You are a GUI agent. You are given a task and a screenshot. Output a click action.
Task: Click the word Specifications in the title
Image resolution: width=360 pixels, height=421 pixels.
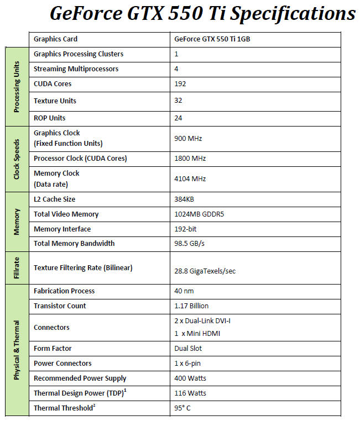(x=293, y=13)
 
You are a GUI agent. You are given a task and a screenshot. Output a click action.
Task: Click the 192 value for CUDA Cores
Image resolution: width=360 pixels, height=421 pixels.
(x=180, y=84)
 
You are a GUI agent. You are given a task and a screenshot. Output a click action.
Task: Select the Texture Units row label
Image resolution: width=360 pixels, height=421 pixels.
(x=55, y=101)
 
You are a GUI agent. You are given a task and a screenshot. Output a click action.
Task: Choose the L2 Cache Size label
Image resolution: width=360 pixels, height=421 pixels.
(x=54, y=199)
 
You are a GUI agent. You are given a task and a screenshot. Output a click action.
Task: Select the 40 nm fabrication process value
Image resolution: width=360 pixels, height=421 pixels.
(x=184, y=291)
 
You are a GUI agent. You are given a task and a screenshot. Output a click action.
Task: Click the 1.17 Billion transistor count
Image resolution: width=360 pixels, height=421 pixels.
(x=191, y=306)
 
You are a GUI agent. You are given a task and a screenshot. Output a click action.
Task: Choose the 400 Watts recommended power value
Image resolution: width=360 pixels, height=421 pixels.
(x=190, y=378)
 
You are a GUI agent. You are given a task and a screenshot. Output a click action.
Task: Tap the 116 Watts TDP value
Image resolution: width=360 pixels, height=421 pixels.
(x=190, y=393)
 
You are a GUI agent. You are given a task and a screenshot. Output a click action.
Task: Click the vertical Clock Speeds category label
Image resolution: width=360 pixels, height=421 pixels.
(x=17, y=159)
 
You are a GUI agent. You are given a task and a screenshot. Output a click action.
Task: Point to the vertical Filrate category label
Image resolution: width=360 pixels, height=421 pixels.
(x=17, y=268)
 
